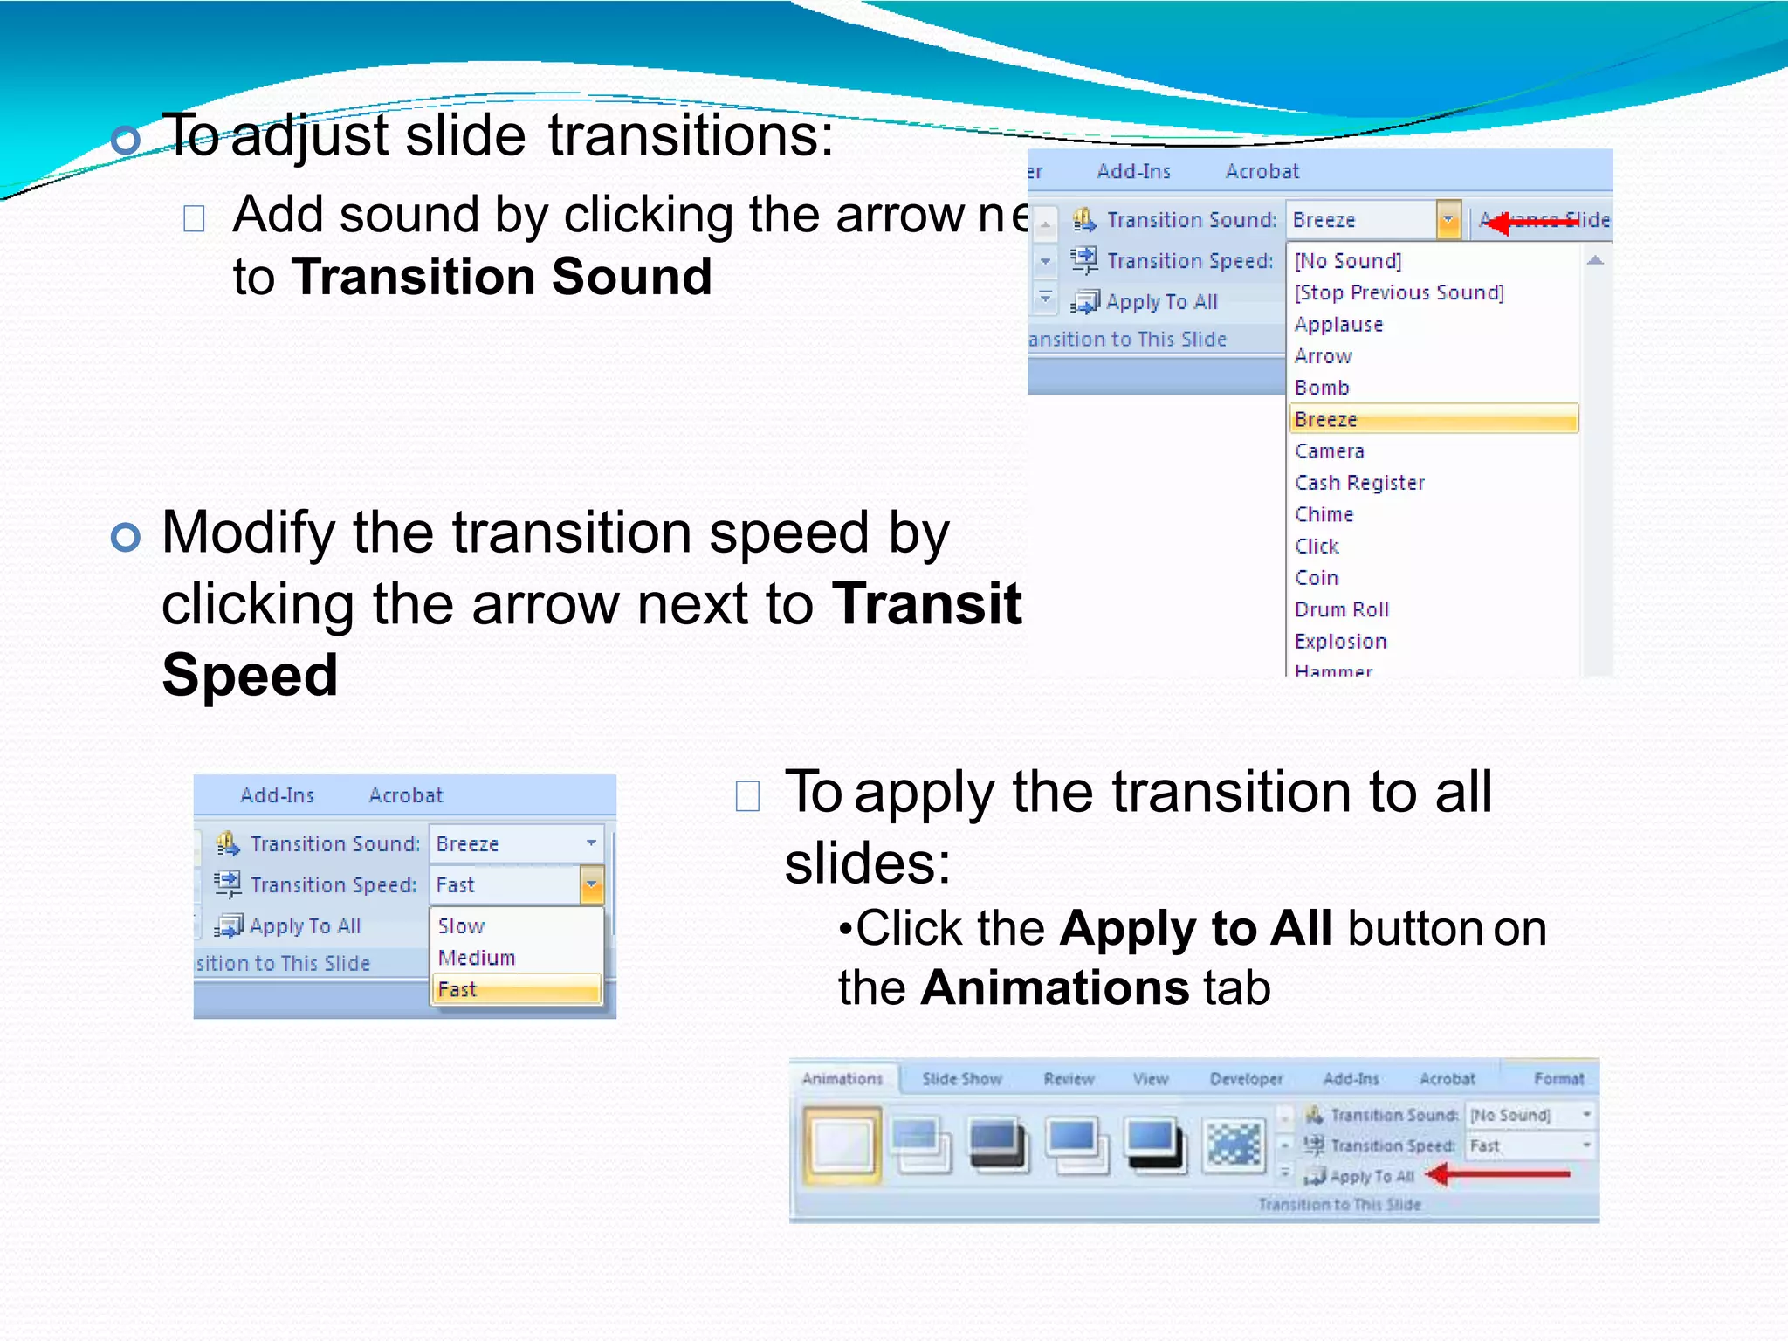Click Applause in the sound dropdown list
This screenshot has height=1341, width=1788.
[1338, 325]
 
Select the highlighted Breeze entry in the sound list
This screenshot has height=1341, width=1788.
[1432, 419]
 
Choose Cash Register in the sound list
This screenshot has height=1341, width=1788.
[1359, 483]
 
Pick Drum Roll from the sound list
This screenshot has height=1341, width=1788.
[1341, 609]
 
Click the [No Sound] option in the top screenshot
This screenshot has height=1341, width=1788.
[1348, 261]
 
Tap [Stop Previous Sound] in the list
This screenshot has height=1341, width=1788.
[1399, 292]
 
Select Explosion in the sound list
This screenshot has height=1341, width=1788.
[1340, 642]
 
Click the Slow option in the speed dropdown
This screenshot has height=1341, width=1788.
[461, 925]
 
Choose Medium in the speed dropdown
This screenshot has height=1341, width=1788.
[477, 958]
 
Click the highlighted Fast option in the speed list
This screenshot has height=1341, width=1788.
[515, 989]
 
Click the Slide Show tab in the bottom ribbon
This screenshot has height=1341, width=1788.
[961, 1079]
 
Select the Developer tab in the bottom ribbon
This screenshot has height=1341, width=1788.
[1246, 1079]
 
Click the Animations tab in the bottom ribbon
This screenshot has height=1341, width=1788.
[842, 1079]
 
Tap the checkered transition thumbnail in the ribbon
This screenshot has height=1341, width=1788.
[1233, 1145]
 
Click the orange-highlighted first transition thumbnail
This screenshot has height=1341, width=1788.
[842, 1145]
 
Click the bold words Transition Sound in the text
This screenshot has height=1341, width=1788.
[501, 277]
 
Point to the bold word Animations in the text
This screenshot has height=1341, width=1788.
[1054, 987]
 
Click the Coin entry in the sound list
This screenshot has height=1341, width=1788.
[1317, 578]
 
